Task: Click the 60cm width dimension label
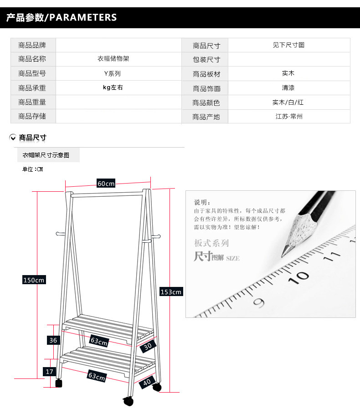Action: point(106,184)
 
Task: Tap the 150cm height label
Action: point(34,280)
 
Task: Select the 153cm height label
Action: point(170,291)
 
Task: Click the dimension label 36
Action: point(53,340)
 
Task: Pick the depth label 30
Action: point(147,346)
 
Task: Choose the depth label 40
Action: point(146,383)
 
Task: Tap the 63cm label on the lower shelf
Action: point(97,376)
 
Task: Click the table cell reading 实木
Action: point(288,73)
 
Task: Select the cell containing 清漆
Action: point(288,88)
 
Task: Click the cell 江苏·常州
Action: point(289,117)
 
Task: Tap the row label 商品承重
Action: point(32,88)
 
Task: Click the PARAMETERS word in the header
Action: point(82,18)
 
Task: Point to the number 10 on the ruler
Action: point(301,276)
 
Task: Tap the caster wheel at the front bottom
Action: point(128,402)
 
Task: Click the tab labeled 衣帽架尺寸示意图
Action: point(46,155)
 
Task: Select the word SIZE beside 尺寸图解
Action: point(232,259)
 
